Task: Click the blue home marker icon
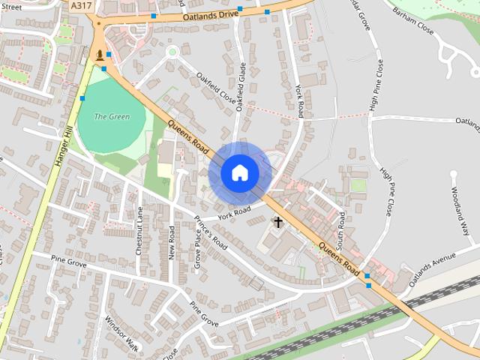tap(239, 173)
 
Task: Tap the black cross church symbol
tap(278, 222)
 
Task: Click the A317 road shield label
tap(81, 5)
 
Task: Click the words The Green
tap(112, 117)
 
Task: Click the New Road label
tap(172, 242)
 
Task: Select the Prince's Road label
tap(211, 233)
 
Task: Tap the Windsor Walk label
tap(121, 332)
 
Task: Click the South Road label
tap(341, 231)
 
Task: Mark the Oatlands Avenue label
tap(433, 268)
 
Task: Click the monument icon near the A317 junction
tap(100, 55)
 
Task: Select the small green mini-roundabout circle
tap(172, 52)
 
